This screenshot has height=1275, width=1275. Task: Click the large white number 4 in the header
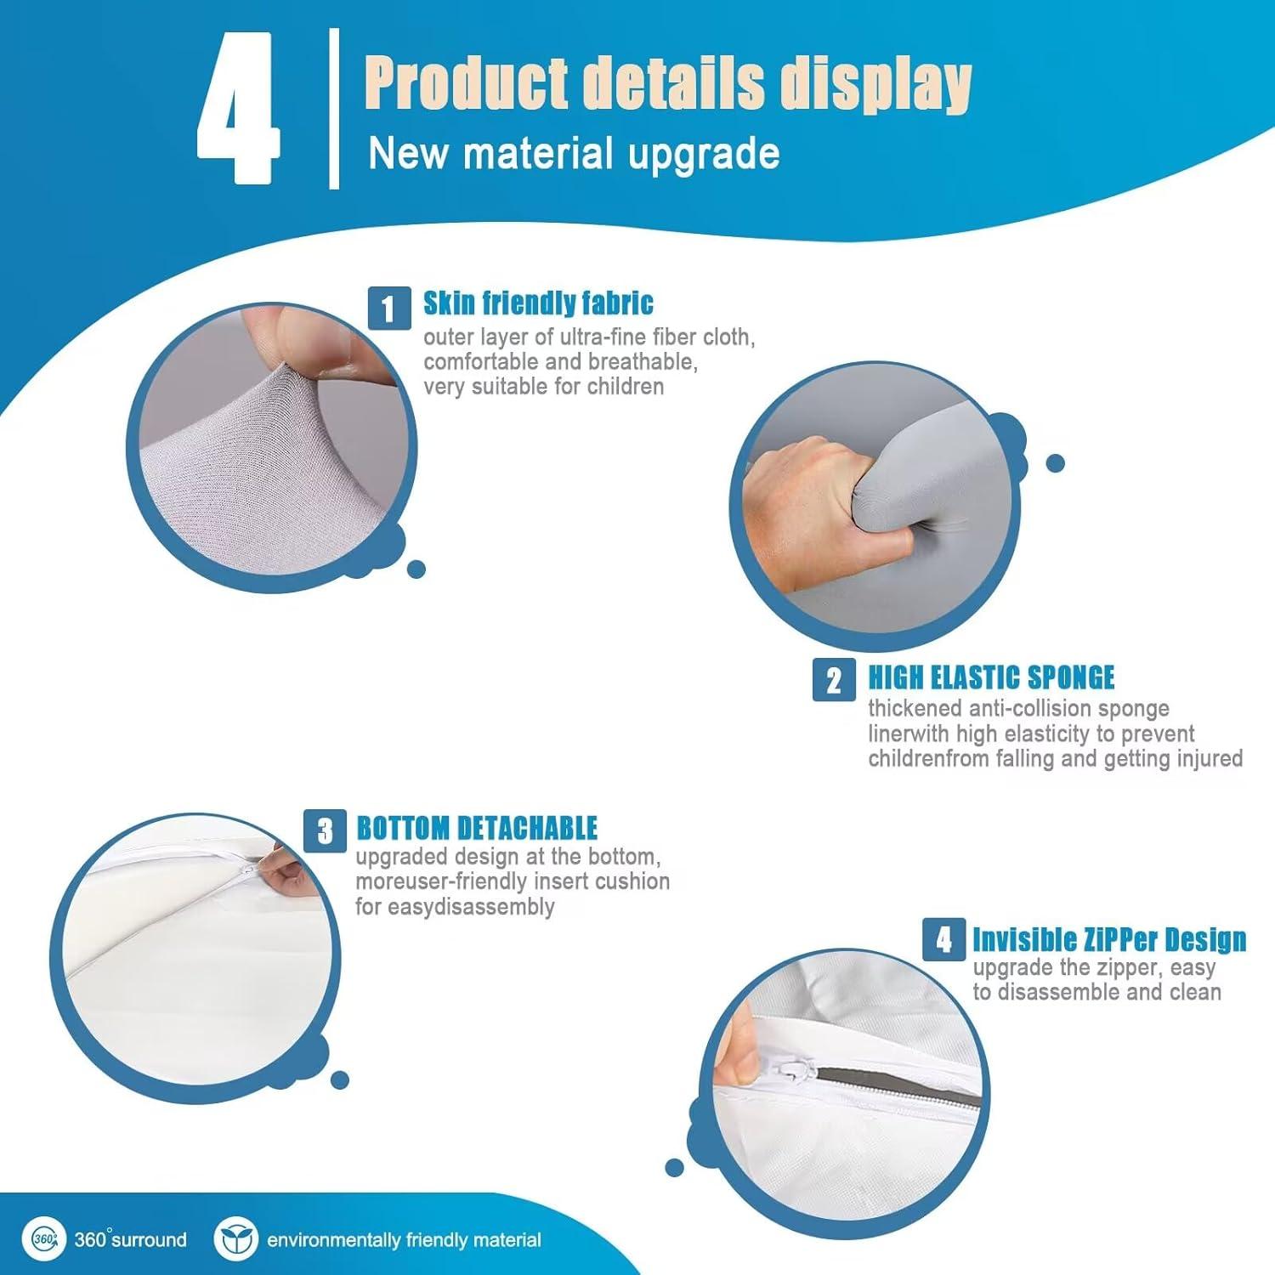[238, 108]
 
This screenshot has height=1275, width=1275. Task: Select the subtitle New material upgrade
[574, 154]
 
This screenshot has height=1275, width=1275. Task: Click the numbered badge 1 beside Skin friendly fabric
[389, 308]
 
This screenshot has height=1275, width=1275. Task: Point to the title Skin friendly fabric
[538, 303]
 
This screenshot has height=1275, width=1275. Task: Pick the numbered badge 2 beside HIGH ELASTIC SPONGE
[834, 680]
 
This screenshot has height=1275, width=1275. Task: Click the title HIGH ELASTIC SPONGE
[991, 677]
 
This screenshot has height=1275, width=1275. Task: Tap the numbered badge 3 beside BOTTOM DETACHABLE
[326, 830]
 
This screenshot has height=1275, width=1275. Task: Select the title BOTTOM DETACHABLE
[477, 828]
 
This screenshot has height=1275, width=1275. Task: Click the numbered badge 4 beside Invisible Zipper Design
[944, 939]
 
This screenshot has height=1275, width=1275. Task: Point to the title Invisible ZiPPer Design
[1109, 940]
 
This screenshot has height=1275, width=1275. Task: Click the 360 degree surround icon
[43, 1238]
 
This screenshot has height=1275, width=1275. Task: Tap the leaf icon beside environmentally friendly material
[235, 1238]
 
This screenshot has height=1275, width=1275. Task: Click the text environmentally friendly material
[404, 1240]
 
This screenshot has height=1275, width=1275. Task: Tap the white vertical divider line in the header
[334, 108]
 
